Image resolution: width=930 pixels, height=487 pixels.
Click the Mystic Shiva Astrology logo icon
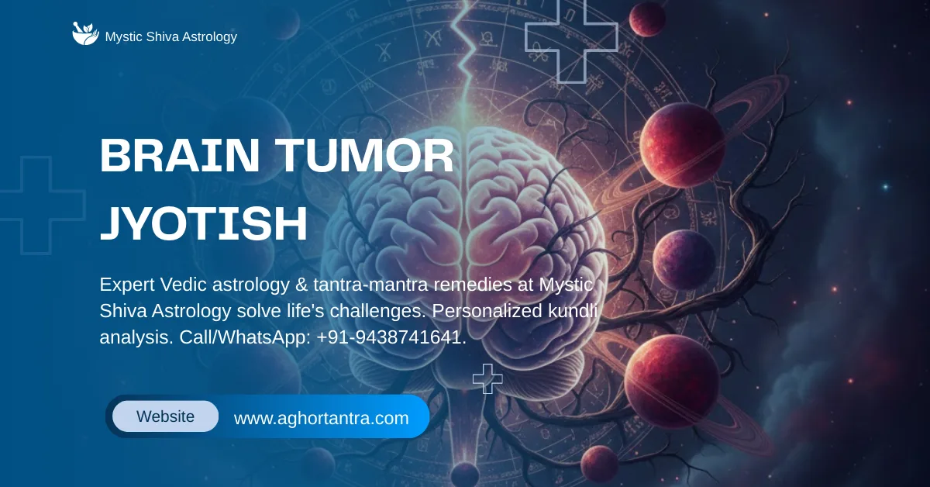coord(85,34)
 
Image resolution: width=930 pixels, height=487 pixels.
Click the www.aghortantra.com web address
coord(321,418)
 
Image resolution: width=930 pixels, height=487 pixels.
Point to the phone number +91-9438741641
coord(391,337)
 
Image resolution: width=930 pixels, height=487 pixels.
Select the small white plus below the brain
coord(487,378)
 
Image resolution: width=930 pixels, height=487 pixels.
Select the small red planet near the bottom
coord(599,463)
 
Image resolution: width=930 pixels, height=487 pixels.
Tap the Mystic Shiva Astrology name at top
coord(170,36)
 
